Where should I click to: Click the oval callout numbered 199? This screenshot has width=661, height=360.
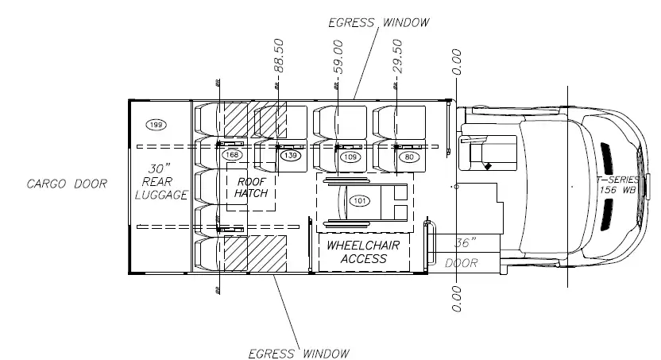(x=156, y=125)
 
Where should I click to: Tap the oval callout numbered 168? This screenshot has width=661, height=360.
(x=232, y=155)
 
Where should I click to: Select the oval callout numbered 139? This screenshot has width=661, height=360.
(x=291, y=156)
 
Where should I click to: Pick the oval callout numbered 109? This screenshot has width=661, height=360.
(x=350, y=157)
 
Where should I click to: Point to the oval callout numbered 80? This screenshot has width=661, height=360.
(x=409, y=157)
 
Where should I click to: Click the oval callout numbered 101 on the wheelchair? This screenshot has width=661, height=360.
(x=360, y=200)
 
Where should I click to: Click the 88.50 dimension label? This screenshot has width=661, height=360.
(x=279, y=56)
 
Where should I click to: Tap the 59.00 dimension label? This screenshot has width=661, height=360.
(x=338, y=57)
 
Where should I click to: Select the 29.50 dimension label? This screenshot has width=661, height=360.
(x=397, y=56)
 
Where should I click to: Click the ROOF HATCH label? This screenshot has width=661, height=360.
(x=251, y=188)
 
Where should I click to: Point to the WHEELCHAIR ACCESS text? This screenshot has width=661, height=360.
(x=363, y=252)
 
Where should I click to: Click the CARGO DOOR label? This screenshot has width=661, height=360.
(x=67, y=184)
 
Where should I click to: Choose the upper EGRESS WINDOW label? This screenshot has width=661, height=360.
(x=379, y=22)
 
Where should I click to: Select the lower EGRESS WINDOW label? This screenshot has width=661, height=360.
(x=299, y=354)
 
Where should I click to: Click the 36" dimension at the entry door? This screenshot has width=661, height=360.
(x=466, y=242)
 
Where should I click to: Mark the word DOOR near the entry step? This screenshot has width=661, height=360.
(x=462, y=263)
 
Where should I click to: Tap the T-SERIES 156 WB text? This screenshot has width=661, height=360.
(x=617, y=184)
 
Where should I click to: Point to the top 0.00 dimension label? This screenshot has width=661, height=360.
(x=457, y=62)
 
